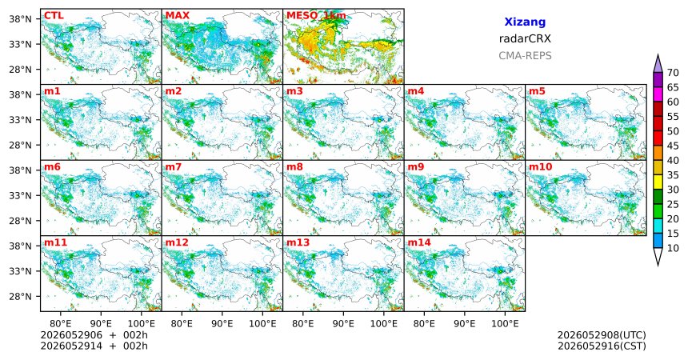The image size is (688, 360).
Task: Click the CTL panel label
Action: [54, 16]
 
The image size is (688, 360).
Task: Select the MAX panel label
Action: [178, 16]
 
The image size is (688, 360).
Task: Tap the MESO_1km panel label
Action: [316, 16]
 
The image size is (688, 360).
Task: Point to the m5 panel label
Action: [537, 91]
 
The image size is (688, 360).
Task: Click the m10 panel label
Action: [540, 167]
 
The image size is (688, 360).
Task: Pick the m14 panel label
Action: [419, 242]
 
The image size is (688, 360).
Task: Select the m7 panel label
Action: [174, 167]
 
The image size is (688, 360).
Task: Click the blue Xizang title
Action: [525, 22]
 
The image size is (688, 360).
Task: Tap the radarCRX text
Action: [525, 38]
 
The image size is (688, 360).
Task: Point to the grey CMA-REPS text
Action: [525, 56]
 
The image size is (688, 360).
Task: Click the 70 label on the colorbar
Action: [673, 73]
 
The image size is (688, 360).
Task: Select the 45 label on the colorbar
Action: [673, 146]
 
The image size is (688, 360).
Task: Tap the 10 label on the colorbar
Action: [673, 248]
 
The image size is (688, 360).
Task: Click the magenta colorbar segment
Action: [658, 94]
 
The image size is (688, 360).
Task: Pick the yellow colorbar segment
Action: [658, 182]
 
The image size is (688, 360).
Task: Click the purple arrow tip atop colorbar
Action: [658, 54]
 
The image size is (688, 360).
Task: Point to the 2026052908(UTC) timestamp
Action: [602, 335]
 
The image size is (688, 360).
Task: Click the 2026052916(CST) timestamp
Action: [602, 346]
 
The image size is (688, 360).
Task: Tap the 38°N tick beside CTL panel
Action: [20, 19]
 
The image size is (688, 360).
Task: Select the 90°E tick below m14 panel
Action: [464, 324]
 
